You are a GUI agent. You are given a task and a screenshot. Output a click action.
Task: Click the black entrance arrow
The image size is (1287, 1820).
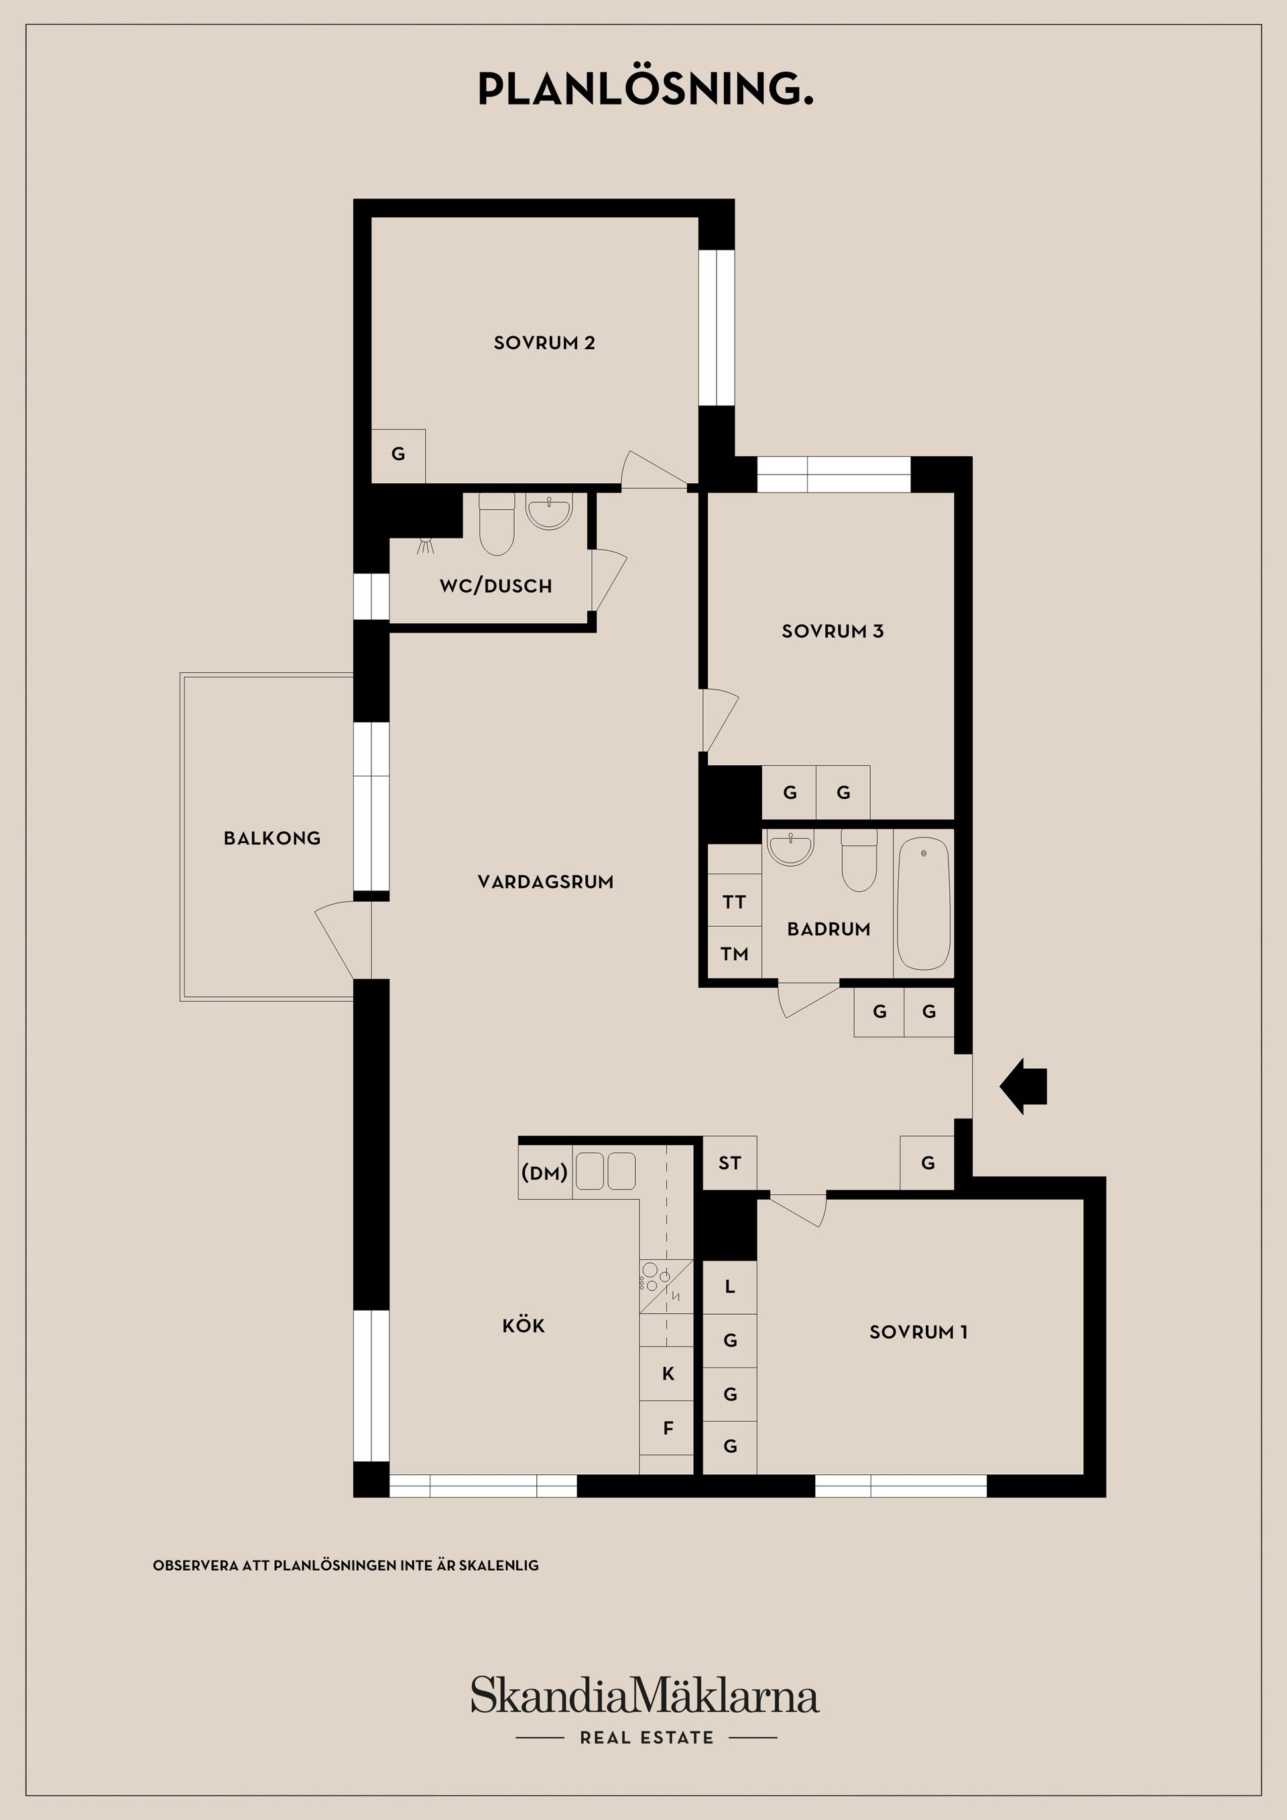[1024, 1086]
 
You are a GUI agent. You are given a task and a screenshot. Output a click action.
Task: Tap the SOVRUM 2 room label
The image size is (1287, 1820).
[544, 343]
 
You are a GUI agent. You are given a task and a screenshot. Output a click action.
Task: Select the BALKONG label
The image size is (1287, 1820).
[272, 838]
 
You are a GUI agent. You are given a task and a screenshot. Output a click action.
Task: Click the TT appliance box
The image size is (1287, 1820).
[734, 901]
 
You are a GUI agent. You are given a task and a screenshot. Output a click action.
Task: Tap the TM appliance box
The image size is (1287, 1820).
[734, 954]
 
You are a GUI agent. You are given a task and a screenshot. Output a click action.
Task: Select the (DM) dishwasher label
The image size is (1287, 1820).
[545, 1173]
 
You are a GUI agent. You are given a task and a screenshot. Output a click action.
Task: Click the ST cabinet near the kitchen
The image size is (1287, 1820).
[729, 1163]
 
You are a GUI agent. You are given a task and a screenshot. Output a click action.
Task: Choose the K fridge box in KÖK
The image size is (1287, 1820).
[668, 1374]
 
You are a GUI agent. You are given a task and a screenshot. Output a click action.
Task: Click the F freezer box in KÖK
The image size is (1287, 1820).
[668, 1427]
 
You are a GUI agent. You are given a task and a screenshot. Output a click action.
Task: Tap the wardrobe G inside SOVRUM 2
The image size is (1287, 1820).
[398, 455]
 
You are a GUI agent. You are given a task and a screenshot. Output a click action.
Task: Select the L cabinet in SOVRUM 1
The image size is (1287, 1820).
[729, 1287]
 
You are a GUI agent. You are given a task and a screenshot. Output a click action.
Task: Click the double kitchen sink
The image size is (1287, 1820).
[605, 1171]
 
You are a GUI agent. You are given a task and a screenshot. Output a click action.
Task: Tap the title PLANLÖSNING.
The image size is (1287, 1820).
[646, 88]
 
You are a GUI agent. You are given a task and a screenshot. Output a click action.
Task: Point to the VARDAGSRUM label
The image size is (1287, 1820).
[546, 881]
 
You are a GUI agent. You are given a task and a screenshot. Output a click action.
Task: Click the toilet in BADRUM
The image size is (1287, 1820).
[859, 861]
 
